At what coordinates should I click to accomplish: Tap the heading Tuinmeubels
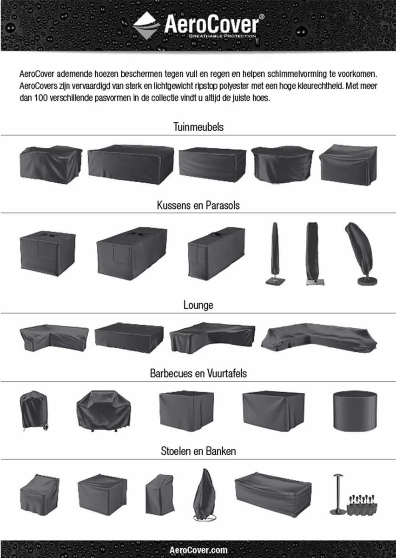pyautogui.click(x=198, y=127)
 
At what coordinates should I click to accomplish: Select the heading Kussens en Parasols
pyautogui.click(x=198, y=205)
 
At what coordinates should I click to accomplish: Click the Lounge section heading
pyautogui.click(x=198, y=305)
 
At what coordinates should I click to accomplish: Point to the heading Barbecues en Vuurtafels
pyautogui.click(x=198, y=373)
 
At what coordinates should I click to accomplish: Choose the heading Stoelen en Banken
pyautogui.click(x=198, y=451)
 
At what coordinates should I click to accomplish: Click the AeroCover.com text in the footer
pyautogui.click(x=198, y=550)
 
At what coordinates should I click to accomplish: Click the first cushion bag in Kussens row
pyautogui.click(x=47, y=254)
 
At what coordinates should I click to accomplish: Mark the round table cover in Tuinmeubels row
pyautogui.click(x=282, y=165)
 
